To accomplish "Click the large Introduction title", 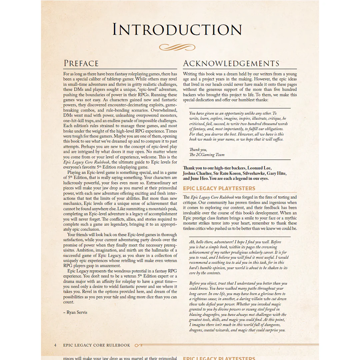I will tap(177, 30).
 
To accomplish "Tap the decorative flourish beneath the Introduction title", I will tap(177, 47).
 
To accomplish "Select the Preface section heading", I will tap(81, 63).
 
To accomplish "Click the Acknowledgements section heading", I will tap(231, 63).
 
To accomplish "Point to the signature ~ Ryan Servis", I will tap(75, 312).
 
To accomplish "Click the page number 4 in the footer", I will tap(55, 345).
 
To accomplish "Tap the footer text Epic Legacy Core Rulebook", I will tap(97, 345).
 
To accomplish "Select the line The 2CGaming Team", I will tap(207, 155).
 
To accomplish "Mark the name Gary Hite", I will tap(277, 173).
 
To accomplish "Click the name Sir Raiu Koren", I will tap(226, 173).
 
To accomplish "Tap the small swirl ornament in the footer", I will tap(138, 345).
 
